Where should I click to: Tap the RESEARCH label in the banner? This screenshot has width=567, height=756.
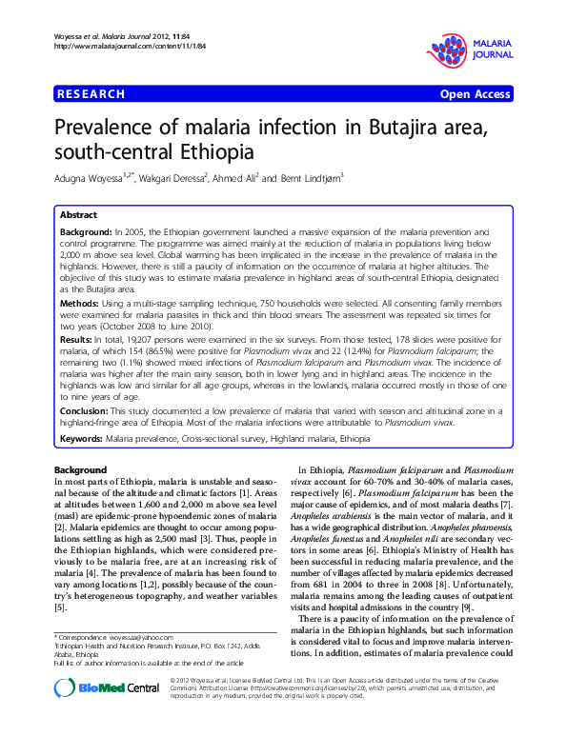point(91,94)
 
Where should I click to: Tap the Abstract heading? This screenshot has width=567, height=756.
point(78,215)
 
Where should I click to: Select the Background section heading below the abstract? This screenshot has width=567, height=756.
point(80,470)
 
